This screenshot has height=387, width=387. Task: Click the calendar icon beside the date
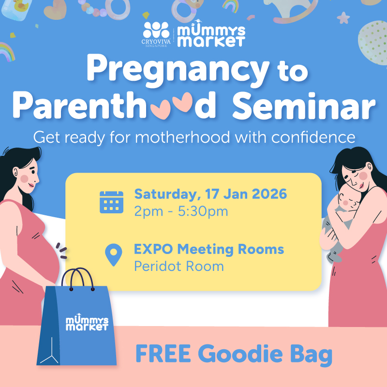click(112, 202)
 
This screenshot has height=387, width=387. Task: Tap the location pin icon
click(114, 255)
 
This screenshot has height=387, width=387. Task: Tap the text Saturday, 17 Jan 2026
click(210, 194)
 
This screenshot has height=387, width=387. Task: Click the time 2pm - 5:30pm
click(181, 211)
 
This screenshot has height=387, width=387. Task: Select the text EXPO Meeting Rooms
click(209, 250)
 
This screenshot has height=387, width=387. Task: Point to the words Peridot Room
click(179, 266)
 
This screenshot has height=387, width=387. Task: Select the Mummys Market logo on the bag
click(87, 324)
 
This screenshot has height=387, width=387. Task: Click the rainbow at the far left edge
click(6, 51)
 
